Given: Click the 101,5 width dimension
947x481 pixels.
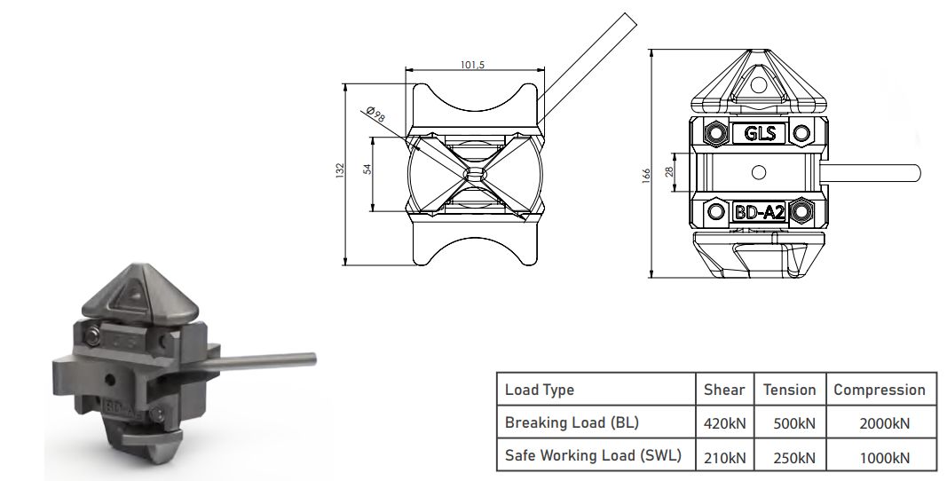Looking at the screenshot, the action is [472, 65].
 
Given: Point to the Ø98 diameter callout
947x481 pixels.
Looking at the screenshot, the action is [375, 114].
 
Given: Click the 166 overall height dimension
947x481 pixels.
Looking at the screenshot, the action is [647, 175].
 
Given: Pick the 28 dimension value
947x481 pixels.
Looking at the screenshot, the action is [669, 171].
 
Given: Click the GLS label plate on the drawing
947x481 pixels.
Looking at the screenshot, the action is [759, 133].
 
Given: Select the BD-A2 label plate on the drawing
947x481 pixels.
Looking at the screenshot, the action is [759, 212].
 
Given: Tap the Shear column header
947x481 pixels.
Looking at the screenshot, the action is [724, 390].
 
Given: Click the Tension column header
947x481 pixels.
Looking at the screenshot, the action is [789, 390].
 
